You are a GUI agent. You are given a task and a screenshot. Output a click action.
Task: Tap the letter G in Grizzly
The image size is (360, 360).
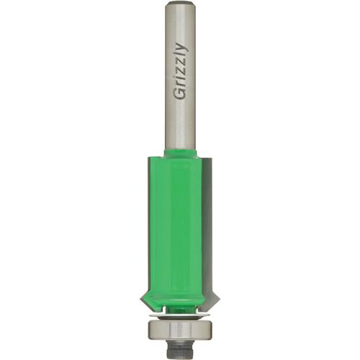(x=180, y=95)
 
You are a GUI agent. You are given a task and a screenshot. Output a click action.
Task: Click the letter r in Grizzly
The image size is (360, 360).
(x=180, y=86)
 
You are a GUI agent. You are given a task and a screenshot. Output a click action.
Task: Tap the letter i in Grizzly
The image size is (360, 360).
(x=180, y=81)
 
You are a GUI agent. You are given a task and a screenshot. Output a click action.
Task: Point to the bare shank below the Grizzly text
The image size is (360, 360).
(x=180, y=126)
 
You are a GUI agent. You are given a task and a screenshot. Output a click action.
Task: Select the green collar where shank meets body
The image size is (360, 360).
(x=180, y=154)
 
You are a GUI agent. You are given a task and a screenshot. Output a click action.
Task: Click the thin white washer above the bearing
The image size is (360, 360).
(x=180, y=314)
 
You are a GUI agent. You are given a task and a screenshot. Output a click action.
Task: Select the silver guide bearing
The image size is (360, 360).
(x=180, y=327)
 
